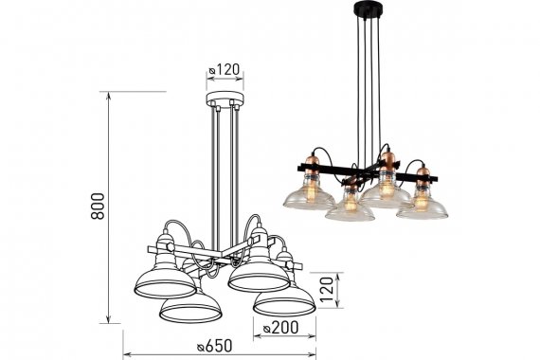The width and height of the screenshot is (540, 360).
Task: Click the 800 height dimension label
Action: tap(98, 207)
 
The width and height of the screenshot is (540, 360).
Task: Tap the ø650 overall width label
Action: tap(214, 346)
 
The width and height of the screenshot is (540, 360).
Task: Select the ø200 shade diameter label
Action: tap(280, 327)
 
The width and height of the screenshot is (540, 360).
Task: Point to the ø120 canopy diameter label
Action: tap(224, 69)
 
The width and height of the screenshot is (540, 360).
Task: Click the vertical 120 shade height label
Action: tap(327, 289)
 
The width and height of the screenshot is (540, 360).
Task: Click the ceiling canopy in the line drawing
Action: tap(225, 99)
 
